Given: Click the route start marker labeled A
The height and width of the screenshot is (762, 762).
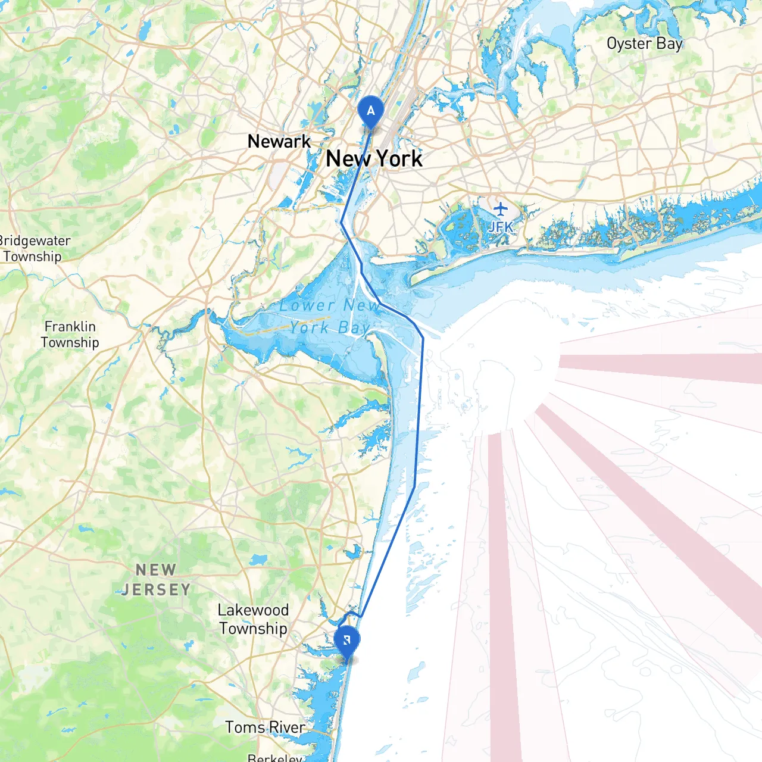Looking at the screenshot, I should pos(371,111).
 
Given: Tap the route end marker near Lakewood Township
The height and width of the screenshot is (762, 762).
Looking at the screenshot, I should pos(346,642).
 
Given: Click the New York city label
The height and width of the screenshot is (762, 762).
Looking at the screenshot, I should pos(374,159).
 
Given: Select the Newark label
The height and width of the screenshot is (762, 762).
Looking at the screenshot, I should pos(279,142).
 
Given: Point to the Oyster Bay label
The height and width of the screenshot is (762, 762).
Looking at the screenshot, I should pos(644,44).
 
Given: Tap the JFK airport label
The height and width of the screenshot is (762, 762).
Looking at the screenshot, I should pos(500,227).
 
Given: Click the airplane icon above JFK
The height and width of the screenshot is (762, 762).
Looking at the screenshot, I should pos(501,210).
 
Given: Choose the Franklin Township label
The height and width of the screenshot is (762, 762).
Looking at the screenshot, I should pos(70,334).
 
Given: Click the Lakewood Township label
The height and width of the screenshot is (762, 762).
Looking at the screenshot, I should pos(253,619).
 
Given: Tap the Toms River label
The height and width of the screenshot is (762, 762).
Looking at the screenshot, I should pos(265,727).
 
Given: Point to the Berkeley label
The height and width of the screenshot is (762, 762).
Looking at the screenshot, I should pos(275,758).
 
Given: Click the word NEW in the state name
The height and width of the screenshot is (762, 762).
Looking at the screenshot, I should pos(156,570).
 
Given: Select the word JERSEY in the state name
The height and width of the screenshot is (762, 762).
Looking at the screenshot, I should pos(156,590).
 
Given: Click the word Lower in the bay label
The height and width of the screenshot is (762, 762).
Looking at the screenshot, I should pos(307,306).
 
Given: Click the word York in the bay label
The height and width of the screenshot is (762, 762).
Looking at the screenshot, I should pos(310,328).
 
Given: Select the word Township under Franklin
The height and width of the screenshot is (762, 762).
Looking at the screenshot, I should pos(70,343).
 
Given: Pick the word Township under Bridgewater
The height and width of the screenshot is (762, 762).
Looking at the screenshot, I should pos(32,257).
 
